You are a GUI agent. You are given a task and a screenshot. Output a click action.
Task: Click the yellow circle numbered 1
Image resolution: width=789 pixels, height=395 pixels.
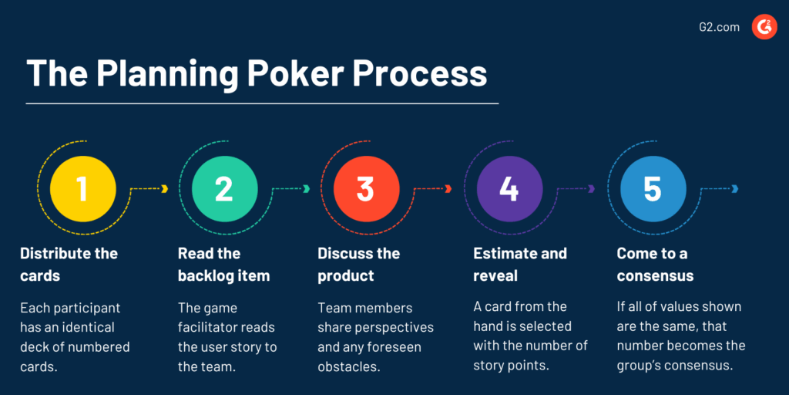(x=83, y=189)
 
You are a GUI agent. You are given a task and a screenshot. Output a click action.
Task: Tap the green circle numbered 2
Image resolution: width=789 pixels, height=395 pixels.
(x=224, y=189)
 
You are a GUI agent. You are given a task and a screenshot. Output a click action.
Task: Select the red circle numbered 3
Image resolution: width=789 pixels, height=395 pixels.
(x=366, y=189)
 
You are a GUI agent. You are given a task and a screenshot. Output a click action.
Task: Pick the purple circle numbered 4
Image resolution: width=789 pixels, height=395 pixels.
(x=509, y=189)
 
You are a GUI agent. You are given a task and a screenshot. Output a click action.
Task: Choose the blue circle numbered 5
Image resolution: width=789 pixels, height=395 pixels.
(x=652, y=189)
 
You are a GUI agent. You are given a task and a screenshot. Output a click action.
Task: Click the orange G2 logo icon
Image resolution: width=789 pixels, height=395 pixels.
(x=764, y=27)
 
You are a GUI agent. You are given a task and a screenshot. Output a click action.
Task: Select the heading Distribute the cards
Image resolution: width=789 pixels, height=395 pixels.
(x=69, y=264)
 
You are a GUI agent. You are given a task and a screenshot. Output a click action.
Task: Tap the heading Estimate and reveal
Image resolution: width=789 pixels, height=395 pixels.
(x=519, y=264)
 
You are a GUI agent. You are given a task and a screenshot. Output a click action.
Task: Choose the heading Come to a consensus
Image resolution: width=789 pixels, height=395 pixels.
(x=655, y=264)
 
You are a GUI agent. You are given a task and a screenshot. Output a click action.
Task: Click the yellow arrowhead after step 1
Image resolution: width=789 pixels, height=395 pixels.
(x=165, y=189)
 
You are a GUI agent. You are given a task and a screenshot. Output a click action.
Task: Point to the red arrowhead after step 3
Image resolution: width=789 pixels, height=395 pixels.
(x=448, y=189)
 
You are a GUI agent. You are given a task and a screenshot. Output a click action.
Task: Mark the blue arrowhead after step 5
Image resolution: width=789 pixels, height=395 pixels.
(x=735, y=189)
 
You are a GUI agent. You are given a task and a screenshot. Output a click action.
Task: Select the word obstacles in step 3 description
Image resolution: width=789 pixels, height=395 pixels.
(x=348, y=366)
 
